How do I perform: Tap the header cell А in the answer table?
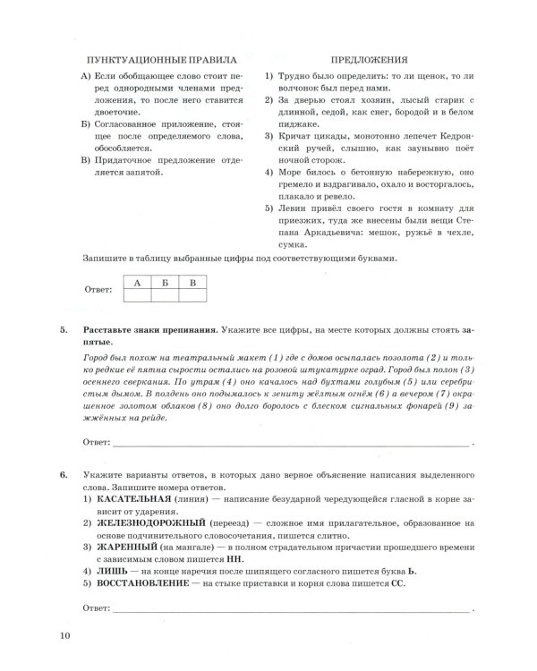[137, 283]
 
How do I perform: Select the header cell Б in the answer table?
[163, 283]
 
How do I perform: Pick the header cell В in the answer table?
[192, 283]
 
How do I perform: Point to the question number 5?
[64, 330]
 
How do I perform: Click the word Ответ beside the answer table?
[96, 290]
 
